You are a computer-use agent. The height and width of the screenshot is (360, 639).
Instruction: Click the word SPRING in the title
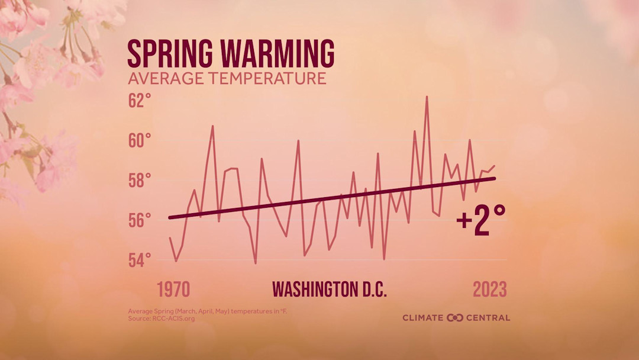point(171,53)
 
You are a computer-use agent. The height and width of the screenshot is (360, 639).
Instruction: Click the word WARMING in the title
point(277,53)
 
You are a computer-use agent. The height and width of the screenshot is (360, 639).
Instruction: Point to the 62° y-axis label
point(140,101)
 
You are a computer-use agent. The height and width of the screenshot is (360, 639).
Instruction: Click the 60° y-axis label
point(140,141)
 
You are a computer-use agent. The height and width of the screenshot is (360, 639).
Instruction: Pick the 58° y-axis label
point(140,181)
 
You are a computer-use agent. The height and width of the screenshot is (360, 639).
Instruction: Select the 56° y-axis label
point(140,220)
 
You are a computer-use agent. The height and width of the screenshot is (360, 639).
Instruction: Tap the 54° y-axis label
point(140,260)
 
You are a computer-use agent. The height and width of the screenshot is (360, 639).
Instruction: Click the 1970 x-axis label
point(173,290)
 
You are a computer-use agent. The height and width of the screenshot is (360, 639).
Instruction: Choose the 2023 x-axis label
point(489,290)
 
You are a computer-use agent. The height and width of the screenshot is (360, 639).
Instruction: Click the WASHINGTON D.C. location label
point(329,290)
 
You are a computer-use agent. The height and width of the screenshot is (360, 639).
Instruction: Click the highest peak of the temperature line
point(427,97)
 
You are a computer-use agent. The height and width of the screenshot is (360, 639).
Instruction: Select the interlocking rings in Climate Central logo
point(455,318)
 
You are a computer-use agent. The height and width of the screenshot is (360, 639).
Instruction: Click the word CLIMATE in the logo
point(423,318)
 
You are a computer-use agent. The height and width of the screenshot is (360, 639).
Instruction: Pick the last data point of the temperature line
point(494,166)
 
